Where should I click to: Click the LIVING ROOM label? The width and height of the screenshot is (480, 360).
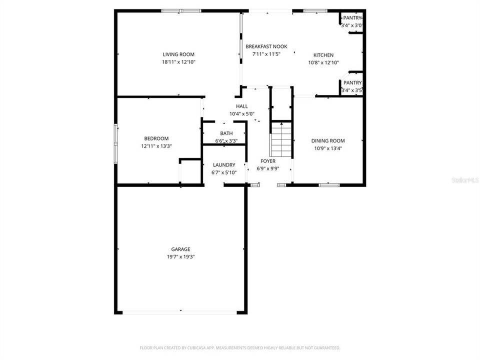point(178,54)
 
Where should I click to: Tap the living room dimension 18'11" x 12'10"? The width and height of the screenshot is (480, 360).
point(178,62)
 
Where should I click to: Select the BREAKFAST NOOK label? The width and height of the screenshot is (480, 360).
point(266,46)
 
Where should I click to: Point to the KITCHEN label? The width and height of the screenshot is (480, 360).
point(323,55)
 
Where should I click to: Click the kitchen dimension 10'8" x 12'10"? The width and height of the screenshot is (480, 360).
point(323,63)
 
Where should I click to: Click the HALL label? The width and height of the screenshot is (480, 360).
point(242,106)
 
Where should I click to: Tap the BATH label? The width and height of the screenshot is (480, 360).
point(226,133)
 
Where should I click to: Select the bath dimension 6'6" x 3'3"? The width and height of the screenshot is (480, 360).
point(226,141)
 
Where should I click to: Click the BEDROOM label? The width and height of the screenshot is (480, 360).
point(156,138)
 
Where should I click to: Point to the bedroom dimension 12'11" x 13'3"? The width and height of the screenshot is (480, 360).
point(156,146)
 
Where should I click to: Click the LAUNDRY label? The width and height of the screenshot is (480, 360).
point(224,165)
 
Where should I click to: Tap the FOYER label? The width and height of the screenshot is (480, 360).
point(268,161)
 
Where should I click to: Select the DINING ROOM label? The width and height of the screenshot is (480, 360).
point(328,141)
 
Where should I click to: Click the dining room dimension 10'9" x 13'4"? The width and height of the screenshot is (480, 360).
point(328,148)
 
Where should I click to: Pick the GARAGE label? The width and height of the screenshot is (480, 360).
point(180,249)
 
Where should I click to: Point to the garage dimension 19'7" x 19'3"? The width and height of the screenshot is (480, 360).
point(180,257)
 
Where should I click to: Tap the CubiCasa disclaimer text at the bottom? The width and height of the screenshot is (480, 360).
point(240,347)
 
